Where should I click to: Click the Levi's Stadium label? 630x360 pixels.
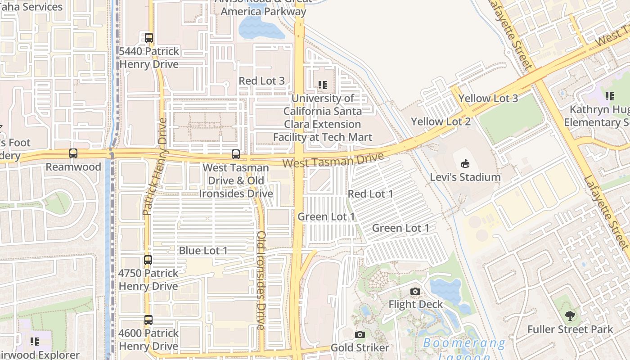coord(465,177)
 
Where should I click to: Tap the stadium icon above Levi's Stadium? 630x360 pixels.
coord(465,164)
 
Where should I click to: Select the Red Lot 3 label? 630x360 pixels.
coord(261,81)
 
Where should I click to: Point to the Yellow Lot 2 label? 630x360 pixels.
coord(441,121)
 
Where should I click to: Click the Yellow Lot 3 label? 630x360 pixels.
coord(488,99)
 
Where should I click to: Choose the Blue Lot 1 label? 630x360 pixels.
coord(203,251)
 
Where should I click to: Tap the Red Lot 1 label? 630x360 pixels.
coord(370,194)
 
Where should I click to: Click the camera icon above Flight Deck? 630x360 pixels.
coord(415,292)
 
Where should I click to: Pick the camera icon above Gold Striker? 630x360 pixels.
coord(360,334)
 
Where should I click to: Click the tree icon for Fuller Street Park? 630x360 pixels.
coord(570,316)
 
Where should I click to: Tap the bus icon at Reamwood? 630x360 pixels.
coord(73,153)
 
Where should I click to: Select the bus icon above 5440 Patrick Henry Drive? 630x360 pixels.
coord(149,37)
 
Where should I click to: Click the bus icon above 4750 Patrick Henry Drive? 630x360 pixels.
coord(148,260)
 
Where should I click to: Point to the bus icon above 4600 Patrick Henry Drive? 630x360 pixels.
coord(148,320)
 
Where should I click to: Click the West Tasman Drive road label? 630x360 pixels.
coord(333,160)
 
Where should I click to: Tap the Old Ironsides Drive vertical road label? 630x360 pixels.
coord(261,281)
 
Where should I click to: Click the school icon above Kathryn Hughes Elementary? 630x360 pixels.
coord(610,96)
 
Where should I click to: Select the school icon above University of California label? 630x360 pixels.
coord(322,85)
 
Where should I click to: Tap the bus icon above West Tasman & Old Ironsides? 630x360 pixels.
coord(235,154)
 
